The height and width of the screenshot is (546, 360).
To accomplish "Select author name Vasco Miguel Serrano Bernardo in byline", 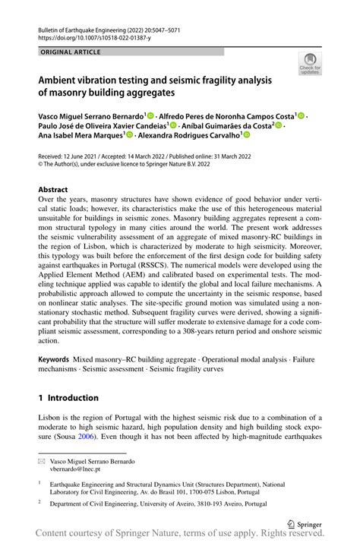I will [x=89, y=115].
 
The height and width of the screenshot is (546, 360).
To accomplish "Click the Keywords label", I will [x=55, y=358].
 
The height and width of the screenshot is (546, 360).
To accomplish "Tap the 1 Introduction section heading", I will [x=68, y=397].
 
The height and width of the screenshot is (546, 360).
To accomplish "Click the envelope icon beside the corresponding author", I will [x=43, y=461].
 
